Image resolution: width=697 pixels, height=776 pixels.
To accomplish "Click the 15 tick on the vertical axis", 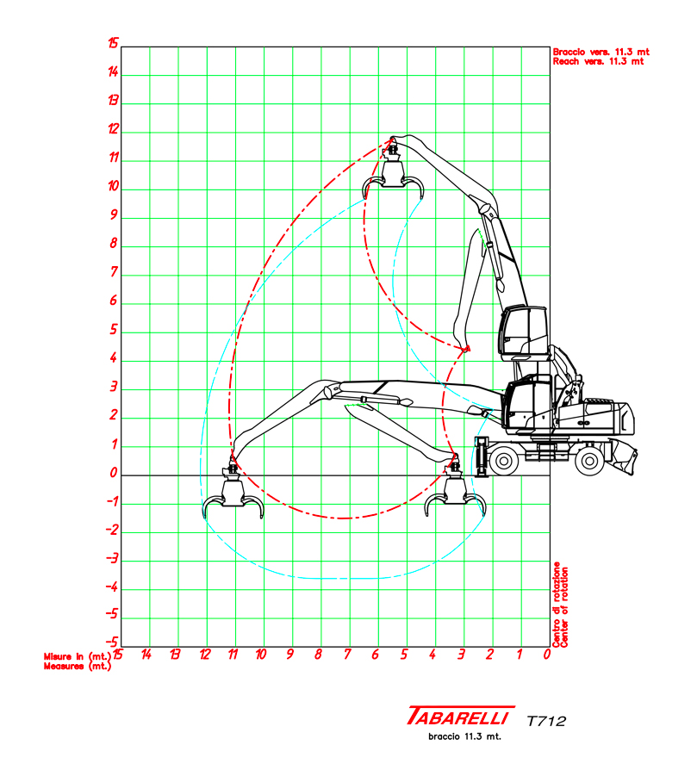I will point(113,46).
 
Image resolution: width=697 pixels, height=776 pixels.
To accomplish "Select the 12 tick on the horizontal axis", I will point(203,655).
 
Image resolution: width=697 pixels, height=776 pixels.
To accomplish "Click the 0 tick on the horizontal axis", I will point(548,655).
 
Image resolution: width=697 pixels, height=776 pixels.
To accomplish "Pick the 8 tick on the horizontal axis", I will point(318,655).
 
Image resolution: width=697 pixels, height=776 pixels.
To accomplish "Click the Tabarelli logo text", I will point(460,717).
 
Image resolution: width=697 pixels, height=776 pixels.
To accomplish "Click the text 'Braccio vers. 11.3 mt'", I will point(601,52).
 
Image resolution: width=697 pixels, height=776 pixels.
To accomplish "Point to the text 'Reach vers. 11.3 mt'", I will point(599,62).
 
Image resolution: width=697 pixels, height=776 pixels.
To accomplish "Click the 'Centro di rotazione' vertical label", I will point(557,604).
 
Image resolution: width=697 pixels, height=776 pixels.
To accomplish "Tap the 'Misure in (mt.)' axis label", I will point(78,656).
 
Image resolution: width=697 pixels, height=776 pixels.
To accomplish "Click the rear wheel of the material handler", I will point(590,461).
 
